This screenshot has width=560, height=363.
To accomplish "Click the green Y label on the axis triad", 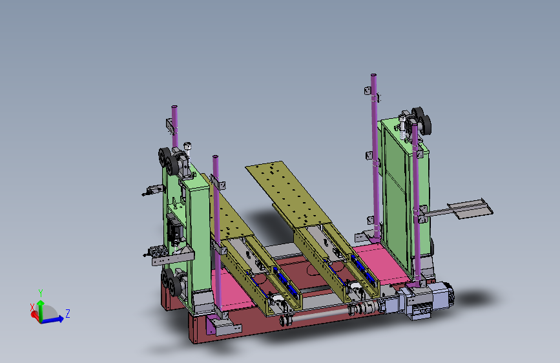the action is tap(41, 293).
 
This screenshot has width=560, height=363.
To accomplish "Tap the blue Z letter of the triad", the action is tap(68, 314).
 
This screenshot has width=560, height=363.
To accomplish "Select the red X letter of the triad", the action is tap(32, 307).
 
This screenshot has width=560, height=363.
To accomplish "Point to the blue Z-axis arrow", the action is tap(52, 320).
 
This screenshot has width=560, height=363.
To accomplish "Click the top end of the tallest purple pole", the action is tap(373, 75).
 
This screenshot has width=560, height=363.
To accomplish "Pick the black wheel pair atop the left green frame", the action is tap(169, 161).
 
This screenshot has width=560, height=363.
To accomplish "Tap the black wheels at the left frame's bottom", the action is tap(171, 282).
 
